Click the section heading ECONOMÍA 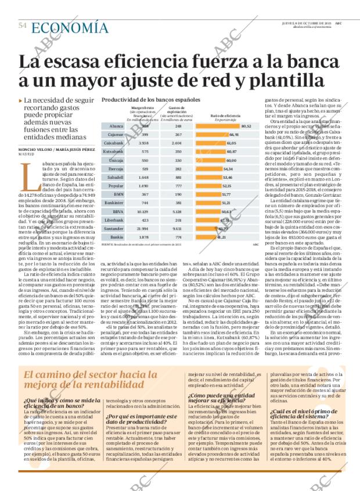(x=69, y=27)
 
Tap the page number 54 (x=23, y=26)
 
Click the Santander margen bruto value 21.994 (x=142, y=229)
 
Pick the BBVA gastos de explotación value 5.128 (x=178, y=212)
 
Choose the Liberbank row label (x=114, y=221)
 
